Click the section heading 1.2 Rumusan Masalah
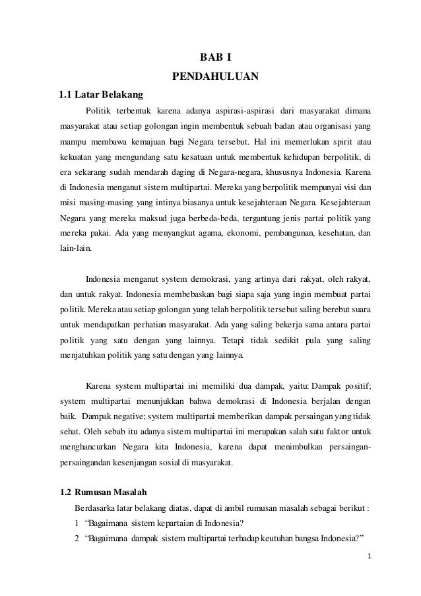pyautogui.click(x=106, y=493)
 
